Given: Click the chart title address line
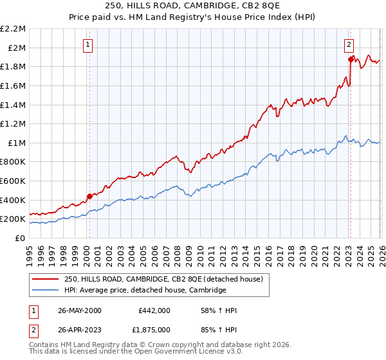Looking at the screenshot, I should (x=193, y=6).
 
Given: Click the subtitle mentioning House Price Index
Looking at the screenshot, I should (x=193, y=18).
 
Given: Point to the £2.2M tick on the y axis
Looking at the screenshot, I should (x=14, y=29).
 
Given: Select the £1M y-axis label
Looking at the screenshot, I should (x=17, y=143).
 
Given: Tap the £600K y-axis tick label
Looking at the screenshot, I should (x=14, y=181).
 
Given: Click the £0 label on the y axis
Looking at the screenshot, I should (x=20, y=238).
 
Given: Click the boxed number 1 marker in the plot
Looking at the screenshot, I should (x=87, y=44).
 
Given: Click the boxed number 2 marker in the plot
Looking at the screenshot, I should (x=348, y=44).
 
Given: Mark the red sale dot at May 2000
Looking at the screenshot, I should (x=89, y=196).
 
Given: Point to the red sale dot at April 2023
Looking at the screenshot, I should (x=351, y=60).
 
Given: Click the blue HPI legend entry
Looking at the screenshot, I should (x=145, y=291).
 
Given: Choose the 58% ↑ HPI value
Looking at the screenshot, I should (x=219, y=310).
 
